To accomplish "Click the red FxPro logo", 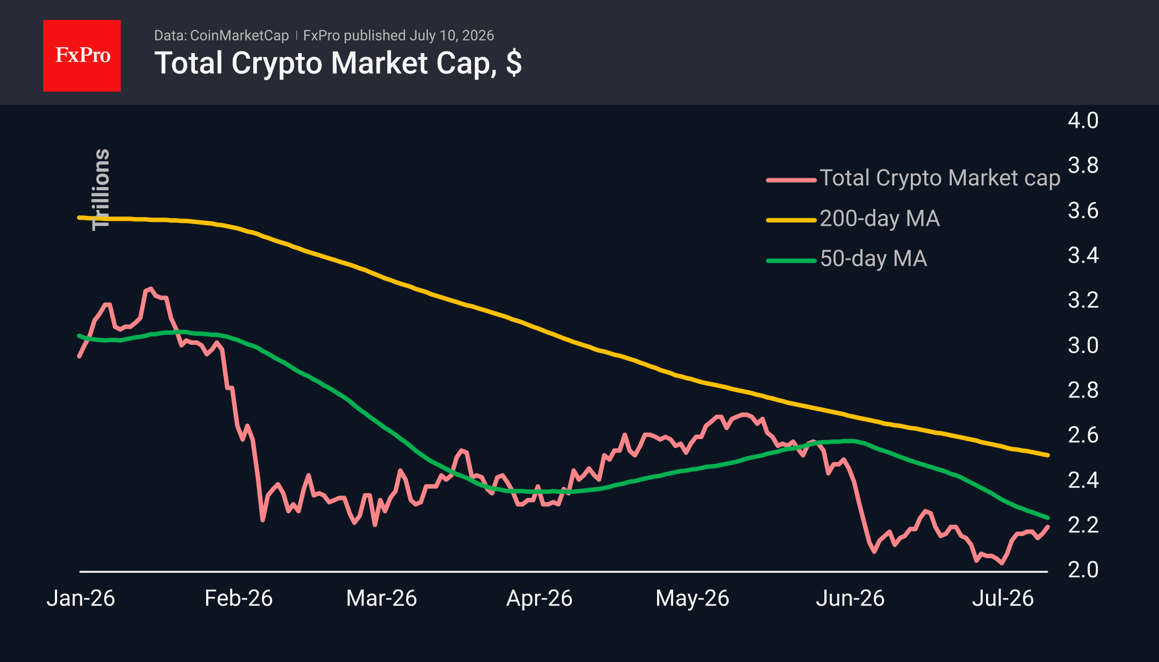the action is tap(82, 55).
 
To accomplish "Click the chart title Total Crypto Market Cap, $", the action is tap(338, 63).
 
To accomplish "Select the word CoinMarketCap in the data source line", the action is tap(239, 35).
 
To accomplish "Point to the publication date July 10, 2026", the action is tap(452, 35).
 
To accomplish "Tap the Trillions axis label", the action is tap(101, 189).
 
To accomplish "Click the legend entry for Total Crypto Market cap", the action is tap(940, 178).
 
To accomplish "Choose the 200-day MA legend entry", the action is tap(880, 219).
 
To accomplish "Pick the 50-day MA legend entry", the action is tap(873, 258).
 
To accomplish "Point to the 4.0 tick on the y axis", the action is tap(1083, 121).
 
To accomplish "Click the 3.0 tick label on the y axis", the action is tap(1083, 345).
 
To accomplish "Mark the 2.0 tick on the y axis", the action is tap(1083, 570).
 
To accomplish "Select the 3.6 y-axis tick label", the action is tap(1083, 211).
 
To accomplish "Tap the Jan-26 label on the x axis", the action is tap(81, 598).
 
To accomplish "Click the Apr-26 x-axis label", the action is tap(539, 598).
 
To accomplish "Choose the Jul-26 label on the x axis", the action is tap(1003, 598).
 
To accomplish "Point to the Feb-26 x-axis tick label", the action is tap(239, 598).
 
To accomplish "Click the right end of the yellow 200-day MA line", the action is tap(1048, 455).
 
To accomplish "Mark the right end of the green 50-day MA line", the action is tap(1048, 518).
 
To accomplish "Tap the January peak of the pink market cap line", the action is tap(150, 289).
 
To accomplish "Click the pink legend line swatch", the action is tap(791, 180).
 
